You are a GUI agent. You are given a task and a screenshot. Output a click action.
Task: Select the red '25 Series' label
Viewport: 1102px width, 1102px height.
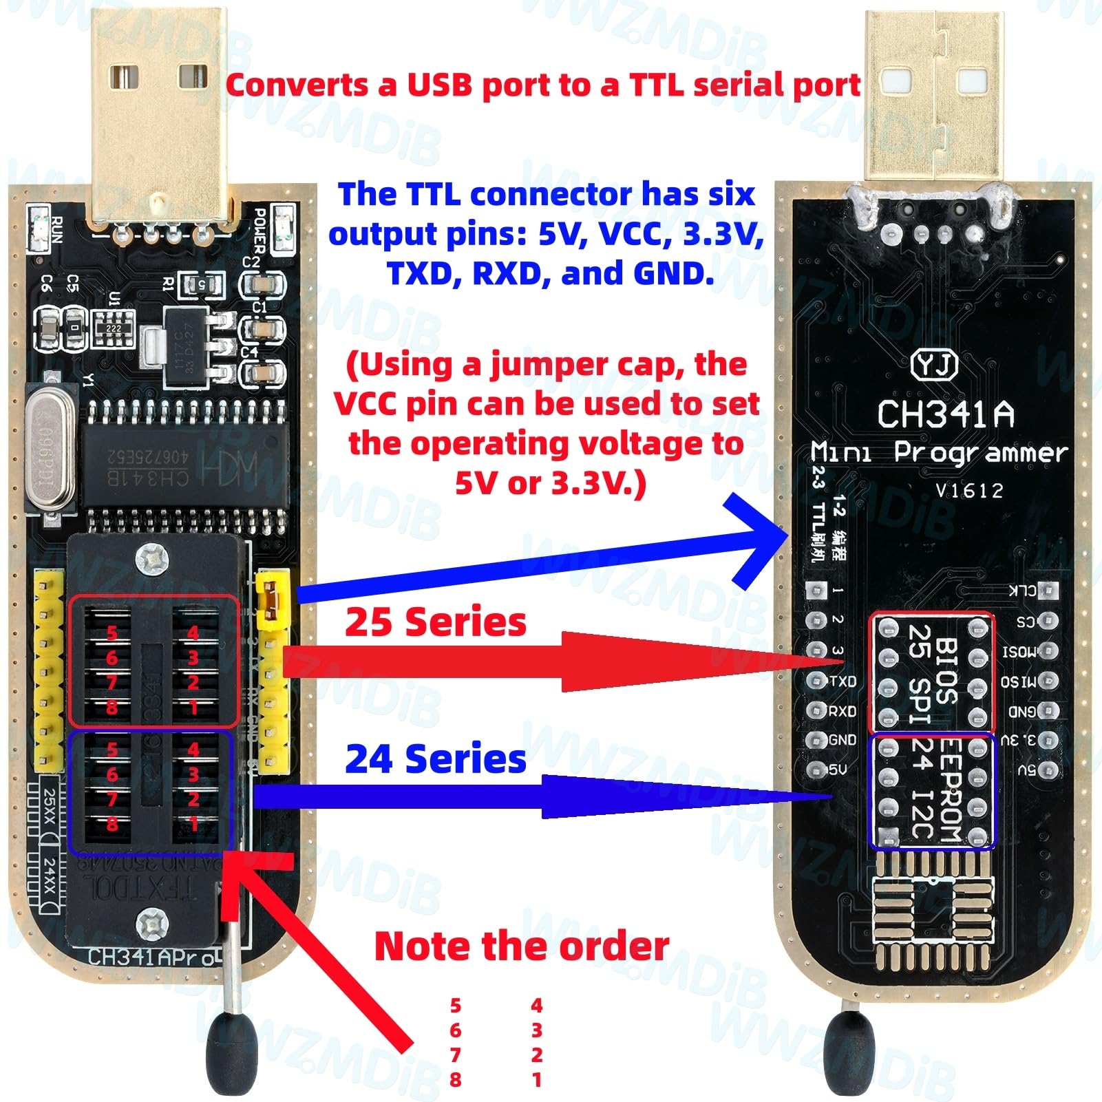coord(435,622)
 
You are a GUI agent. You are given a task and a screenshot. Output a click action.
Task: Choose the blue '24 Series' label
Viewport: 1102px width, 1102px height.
coord(435,759)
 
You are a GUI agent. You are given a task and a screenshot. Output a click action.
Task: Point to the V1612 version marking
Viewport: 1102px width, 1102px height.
coord(969,491)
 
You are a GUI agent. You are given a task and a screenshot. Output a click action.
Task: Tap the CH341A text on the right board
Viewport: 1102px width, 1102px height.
coord(946,414)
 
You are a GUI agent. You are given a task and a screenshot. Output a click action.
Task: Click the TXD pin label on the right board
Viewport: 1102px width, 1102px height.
coord(843,681)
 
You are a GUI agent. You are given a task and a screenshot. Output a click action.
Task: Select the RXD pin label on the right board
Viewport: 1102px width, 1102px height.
coord(843,711)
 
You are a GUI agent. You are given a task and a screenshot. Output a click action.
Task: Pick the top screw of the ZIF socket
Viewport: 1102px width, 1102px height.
coord(152,558)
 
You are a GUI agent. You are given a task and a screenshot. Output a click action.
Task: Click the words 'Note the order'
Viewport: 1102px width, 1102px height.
coord(521,946)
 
